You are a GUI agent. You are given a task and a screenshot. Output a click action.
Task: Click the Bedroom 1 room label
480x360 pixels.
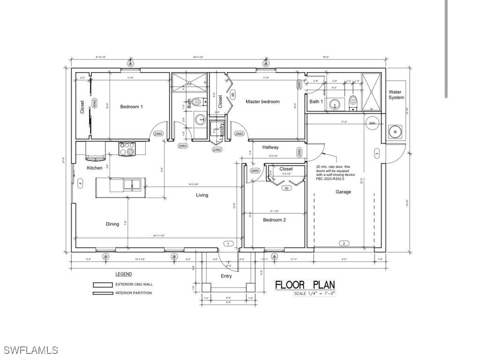coord(131,107)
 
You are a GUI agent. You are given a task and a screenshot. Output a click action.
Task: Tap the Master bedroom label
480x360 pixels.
coord(262,102)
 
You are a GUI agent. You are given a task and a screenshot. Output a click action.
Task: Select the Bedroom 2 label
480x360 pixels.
coord(274,220)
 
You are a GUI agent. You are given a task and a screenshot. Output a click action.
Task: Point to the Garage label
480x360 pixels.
coord(343,192)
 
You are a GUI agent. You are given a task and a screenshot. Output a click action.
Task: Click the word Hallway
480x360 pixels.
coord(270,147)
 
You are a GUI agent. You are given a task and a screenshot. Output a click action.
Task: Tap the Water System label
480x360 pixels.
coord(396,95)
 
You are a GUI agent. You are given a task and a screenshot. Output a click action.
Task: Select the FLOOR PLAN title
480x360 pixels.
coord(305,285)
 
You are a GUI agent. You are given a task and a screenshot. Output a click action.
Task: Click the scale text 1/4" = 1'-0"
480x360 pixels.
coord(315,294)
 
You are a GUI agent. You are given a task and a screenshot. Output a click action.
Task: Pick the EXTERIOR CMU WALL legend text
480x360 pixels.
coord(134,284)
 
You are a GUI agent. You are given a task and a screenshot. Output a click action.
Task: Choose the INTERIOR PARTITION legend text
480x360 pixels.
coord(134,293)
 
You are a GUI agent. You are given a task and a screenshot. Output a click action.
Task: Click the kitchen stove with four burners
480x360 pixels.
coord(127,149)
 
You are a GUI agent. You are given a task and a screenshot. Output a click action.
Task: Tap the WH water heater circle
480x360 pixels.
coord(372,123)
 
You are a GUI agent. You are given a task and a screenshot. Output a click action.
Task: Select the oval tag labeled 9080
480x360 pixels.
coord(95,103)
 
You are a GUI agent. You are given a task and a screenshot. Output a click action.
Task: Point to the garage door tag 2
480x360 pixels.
coord(344,243)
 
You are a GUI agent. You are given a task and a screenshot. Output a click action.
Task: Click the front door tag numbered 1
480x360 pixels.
coord(228,243)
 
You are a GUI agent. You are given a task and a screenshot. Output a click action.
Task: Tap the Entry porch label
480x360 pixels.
coord(226,276)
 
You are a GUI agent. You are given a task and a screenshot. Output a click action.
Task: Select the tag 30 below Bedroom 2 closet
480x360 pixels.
coord(286,188)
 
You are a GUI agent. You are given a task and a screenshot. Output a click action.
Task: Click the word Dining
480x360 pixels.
coord(112,224)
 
